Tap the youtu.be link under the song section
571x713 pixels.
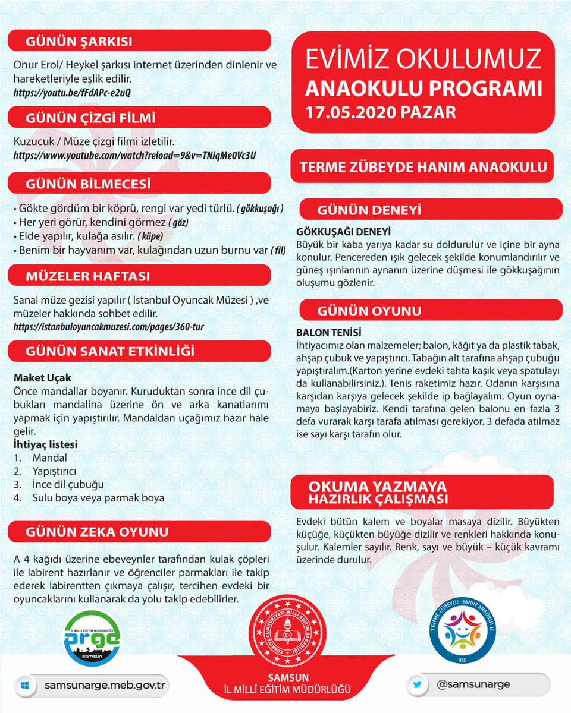click(x=72, y=93)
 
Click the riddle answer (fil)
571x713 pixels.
click(x=278, y=250)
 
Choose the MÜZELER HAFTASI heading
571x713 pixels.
click(x=87, y=276)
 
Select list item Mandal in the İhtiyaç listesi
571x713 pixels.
click(x=49, y=458)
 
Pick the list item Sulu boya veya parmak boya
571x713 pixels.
click(x=98, y=498)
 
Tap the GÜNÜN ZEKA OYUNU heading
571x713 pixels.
click(x=97, y=531)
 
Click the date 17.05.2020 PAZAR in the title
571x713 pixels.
click(x=381, y=112)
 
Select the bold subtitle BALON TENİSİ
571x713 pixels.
click(x=329, y=333)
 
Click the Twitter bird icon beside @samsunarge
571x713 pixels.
click(x=418, y=684)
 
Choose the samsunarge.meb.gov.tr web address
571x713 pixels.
click(x=104, y=685)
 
